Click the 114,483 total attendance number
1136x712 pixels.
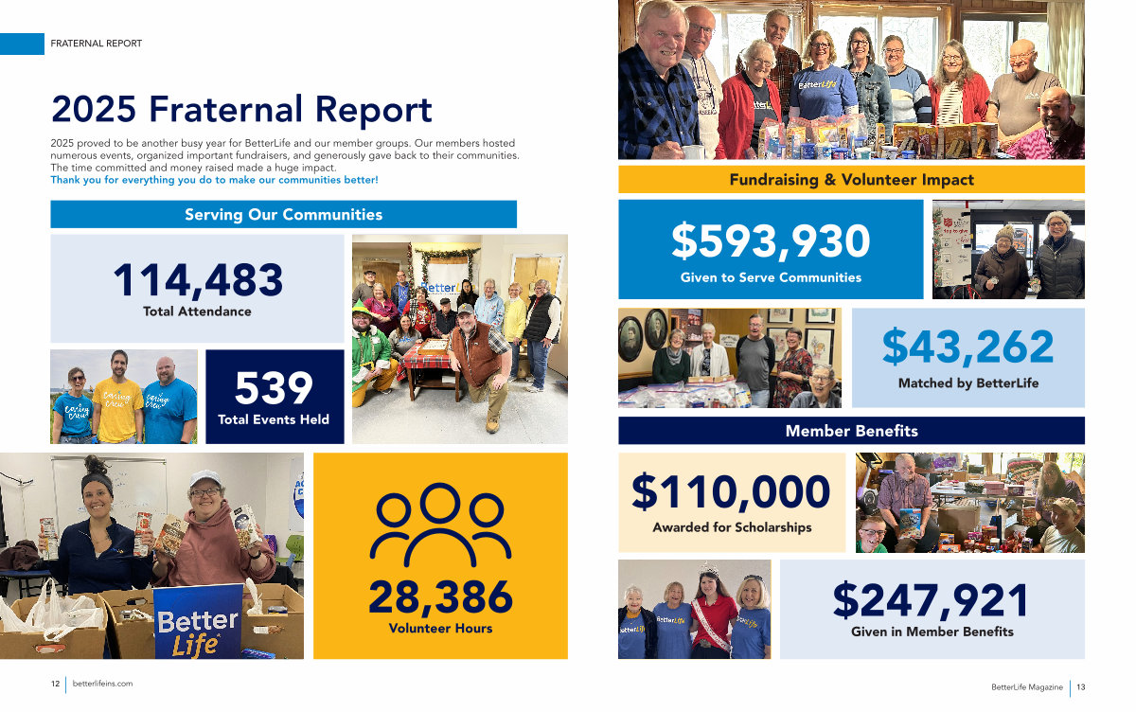(x=198, y=280)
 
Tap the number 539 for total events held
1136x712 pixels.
(x=274, y=388)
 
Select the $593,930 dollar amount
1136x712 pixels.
(x=771, y=240)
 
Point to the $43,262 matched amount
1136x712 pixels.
(x=968, y=347)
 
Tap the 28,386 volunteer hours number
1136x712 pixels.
(x=441, y=597)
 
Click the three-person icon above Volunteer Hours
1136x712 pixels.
(x=440, y=525)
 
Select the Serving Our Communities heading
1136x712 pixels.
(x=283, y=215)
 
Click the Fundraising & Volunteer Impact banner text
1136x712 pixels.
(x=851, y=180)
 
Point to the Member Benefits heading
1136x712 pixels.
(x=851, y=431)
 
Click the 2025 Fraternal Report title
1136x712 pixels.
(x=241, y=109)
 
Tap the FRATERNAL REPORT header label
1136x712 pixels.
(x=97, y=44)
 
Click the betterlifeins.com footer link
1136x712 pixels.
(x=102, y=684)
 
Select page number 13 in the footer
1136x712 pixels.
(x=1081, y=687)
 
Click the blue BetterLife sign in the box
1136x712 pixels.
(x=198, y=622)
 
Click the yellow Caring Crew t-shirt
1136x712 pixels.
(x=118, y=408)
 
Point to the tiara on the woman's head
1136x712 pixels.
(x=709, y=570)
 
